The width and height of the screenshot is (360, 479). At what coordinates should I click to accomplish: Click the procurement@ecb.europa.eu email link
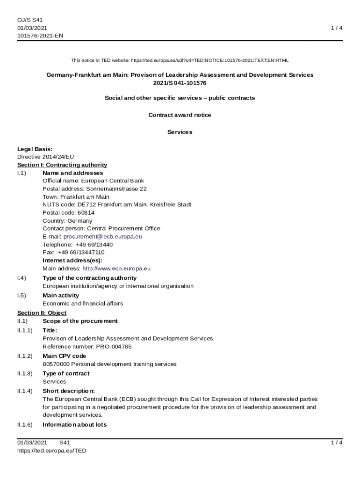coord(102,237)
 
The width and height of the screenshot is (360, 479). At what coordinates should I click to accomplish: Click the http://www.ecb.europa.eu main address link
coord(116,269)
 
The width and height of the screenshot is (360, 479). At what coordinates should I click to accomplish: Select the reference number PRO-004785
coord(114,347)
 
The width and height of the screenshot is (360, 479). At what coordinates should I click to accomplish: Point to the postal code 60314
coord(86,212)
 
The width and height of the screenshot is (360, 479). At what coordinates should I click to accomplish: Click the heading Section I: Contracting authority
coord(62,165)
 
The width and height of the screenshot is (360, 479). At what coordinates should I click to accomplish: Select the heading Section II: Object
coord(42,312)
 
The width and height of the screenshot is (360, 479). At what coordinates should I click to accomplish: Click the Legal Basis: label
coord(35,149)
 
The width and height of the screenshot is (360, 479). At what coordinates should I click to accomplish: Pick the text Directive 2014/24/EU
coord(45,157)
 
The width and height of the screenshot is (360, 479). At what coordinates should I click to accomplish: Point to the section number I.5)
coord(22,295)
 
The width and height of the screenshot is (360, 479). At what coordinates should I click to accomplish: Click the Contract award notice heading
coord(180,115)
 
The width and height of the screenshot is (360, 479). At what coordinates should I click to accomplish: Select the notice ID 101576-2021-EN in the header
coord(40,36)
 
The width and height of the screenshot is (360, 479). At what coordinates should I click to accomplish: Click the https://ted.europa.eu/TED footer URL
coord(52,450)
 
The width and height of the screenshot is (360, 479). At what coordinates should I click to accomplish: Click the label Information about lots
coord(74,425)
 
